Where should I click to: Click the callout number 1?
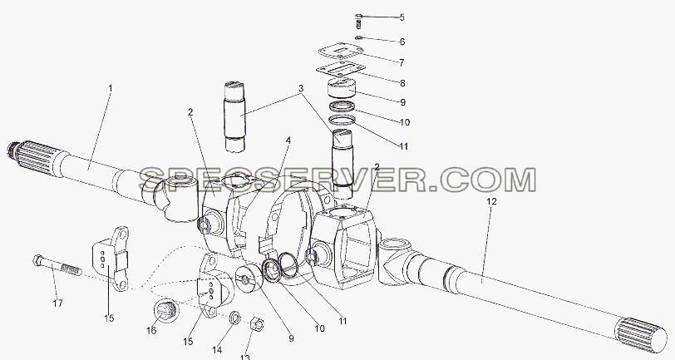pos(111,89)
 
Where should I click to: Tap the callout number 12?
pos(491,201)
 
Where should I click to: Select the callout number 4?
pos(288,141)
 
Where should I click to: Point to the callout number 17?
pos(57,303)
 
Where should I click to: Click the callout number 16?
pos(151,330)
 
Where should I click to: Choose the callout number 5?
pos(402,17)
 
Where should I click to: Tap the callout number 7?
pos(402,63)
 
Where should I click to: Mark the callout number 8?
pos(402,83)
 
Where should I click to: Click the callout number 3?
pos(301,89)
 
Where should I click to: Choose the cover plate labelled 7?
pos(341,52)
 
